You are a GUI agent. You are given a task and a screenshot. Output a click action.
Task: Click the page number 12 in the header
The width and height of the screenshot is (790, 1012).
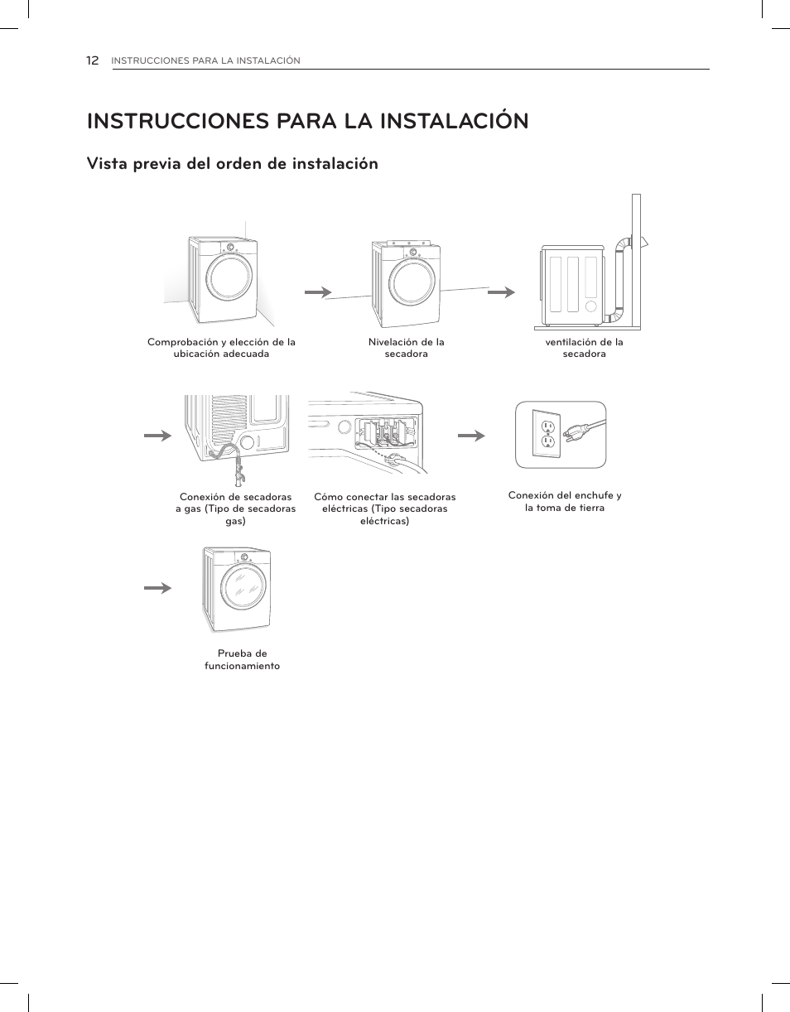pos(93,60)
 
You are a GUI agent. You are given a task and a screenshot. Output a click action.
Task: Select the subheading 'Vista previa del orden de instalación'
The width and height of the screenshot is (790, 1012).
pos(232,164)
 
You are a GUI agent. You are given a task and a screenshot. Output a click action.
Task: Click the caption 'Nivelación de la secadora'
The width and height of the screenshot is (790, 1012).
pos(406,348)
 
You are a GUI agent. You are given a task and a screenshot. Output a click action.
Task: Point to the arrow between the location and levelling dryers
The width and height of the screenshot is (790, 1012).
pos(318,292)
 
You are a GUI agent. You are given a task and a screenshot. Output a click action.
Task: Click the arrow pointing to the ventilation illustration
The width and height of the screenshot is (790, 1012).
pos(501,292)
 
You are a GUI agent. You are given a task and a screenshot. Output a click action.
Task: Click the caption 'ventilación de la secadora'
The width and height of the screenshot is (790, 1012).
pos(584,348)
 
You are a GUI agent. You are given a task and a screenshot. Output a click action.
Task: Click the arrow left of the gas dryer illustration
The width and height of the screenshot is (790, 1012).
pos(157,435)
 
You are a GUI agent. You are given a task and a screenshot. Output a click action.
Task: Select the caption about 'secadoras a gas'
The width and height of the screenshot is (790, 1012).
pos(235,508)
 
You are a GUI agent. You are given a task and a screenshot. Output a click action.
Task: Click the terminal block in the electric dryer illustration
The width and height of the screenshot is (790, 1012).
pos(387,431)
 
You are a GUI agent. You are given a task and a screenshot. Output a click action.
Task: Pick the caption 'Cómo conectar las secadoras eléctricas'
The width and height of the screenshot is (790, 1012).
pos(384,508)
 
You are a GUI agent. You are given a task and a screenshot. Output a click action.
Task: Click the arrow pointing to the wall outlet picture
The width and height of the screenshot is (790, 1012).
pos(471,435)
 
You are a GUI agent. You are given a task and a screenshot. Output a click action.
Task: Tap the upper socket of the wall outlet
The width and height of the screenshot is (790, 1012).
pos(547,427)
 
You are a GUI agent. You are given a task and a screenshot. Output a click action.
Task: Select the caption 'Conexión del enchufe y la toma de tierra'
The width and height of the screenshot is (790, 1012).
pos(565,501)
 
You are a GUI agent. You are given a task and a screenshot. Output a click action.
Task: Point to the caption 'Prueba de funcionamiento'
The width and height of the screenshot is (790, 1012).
pos(242,659)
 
